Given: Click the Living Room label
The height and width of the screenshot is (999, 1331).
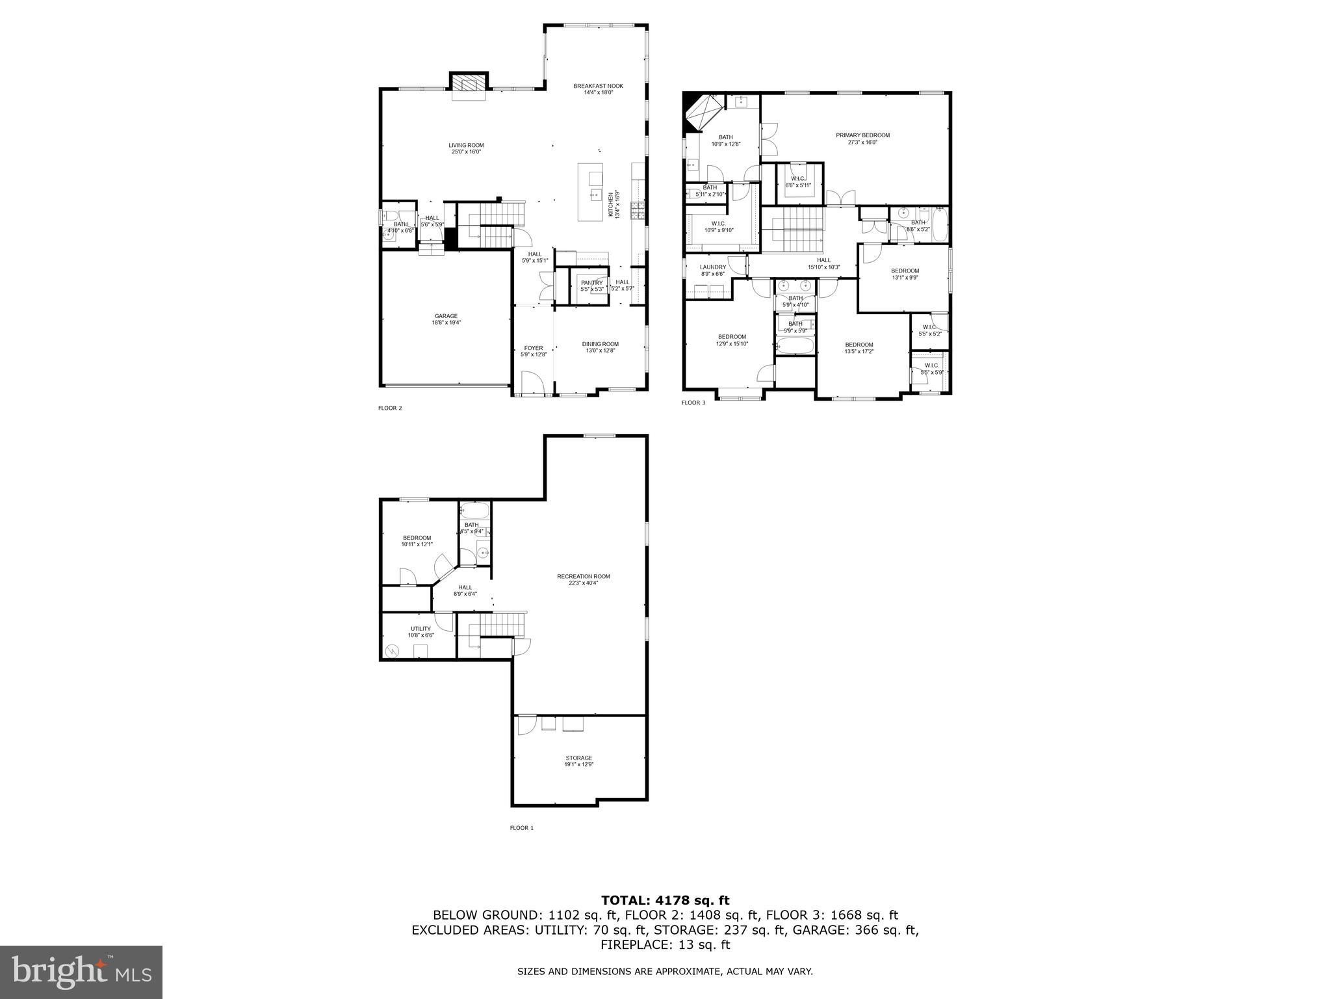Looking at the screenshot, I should (x=466, y=148).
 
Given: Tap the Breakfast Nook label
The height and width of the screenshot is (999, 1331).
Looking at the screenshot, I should (x=598, y=88).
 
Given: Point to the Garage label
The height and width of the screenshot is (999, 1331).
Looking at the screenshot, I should (x=446, y=319).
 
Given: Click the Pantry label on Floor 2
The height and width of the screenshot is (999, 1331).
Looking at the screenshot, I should (x=591, y=285).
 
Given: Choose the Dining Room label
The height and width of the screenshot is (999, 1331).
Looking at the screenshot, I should (x=600, y=347).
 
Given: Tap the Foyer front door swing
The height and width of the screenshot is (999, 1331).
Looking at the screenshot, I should (x=530, y=382).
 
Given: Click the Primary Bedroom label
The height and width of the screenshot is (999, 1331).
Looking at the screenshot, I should (x=862, y=138).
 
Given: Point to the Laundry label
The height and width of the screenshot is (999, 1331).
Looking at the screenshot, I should (x=712, y=270).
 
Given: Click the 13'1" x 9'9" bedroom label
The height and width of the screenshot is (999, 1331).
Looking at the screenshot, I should (x=905, y=274).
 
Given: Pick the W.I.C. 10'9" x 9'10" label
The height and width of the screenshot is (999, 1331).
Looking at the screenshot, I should (x=718, y=226).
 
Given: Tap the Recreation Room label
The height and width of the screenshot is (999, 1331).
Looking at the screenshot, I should (x=583, y=579).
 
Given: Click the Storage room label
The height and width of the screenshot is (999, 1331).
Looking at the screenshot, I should (x=578, y=760).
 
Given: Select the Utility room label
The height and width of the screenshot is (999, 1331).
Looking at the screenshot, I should (x=420, y=632).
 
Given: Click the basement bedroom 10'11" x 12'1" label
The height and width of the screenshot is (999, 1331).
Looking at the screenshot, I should (x=417, y=540).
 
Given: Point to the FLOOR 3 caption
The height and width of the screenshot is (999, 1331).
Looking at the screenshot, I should (x=693, y=403).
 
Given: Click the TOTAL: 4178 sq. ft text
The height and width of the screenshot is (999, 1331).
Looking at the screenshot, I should (x=665, y=900).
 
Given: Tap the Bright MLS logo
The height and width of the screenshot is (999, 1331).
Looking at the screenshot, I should (x=81, y=972).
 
